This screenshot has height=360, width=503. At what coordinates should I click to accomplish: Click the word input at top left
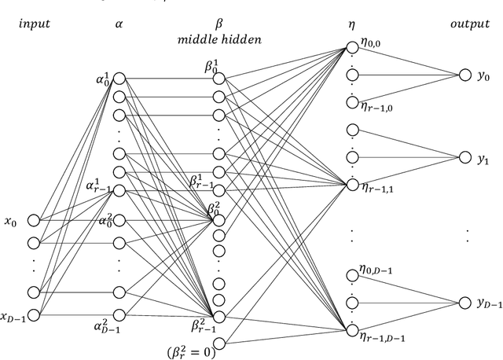(33, 23)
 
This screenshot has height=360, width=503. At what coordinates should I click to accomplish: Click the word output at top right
(469, 23)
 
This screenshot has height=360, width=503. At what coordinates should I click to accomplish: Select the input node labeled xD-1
(32, 315)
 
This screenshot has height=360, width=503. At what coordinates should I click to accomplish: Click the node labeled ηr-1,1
(351, 185)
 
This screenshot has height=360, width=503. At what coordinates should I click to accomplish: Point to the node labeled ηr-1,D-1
(351, 331)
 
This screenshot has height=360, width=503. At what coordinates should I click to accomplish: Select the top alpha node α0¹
(119, 77)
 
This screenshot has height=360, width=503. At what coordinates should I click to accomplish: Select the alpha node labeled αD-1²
(119, 315)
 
